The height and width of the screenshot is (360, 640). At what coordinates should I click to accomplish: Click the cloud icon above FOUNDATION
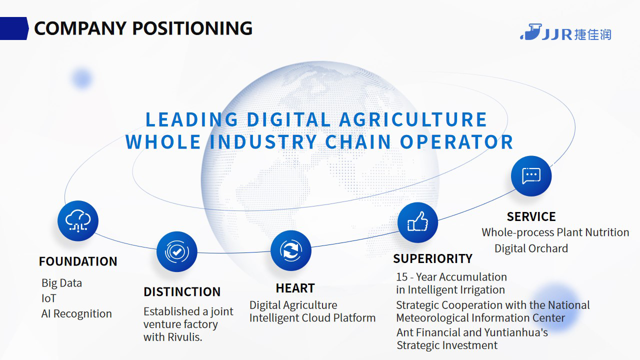click(78, 221)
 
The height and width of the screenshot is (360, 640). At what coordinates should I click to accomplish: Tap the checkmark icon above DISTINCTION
click(177, 251)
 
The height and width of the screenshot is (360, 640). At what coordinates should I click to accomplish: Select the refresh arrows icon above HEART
click(291, 250)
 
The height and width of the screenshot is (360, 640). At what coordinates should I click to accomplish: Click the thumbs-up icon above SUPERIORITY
click(417, 222)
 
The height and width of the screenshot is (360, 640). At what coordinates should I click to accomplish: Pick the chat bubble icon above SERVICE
click(531, 176)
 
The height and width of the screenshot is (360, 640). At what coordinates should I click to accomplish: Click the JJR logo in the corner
click(565, 32)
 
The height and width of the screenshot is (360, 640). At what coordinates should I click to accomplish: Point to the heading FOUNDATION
click(78, 261)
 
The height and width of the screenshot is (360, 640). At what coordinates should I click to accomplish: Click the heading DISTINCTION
click(182, 292)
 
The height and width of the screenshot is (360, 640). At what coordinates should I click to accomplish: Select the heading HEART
click(295, 288)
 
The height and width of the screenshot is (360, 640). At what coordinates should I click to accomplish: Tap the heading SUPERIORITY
click(432, 258)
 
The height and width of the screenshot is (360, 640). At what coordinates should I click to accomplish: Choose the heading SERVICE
click(531, 216)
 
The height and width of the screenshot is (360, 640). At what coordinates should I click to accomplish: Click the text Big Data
click(61, 283)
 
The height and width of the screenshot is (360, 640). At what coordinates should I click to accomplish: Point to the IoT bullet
click(49, 298)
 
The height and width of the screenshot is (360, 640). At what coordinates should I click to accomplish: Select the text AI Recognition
click(76, 313)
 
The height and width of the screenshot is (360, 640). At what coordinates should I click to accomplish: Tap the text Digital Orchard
click(531, 248)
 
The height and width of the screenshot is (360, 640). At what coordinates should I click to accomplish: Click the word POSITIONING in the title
click(192, 28)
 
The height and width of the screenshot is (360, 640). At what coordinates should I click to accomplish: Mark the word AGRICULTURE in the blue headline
click(413, 119)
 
